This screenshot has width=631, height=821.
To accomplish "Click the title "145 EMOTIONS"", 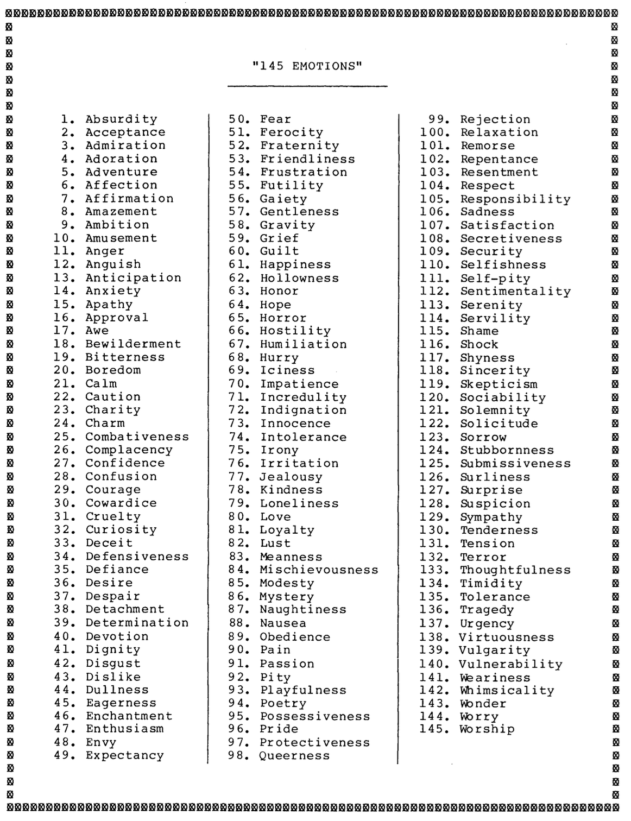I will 307,66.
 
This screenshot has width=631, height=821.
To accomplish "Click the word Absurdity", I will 121,119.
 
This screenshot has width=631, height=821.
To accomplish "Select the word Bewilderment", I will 133,344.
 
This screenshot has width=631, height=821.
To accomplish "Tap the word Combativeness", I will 137,437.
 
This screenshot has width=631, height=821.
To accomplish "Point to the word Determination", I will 137,622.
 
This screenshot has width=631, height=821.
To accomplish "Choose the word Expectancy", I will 124,755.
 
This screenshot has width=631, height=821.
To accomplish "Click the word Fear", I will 275,119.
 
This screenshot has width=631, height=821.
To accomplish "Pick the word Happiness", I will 295,264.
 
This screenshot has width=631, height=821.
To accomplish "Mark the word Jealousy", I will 291,477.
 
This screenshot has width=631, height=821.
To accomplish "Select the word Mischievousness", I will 319,570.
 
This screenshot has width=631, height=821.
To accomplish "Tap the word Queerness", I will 294,755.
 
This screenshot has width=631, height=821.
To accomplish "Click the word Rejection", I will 495,119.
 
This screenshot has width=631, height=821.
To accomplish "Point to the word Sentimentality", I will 515,291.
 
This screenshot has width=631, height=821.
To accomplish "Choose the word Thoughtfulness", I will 515,570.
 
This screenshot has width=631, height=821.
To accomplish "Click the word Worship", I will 487,729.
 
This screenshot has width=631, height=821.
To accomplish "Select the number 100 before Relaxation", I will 434,132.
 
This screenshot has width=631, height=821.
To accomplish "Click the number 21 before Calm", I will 64,383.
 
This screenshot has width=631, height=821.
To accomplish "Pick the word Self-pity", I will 495,278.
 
